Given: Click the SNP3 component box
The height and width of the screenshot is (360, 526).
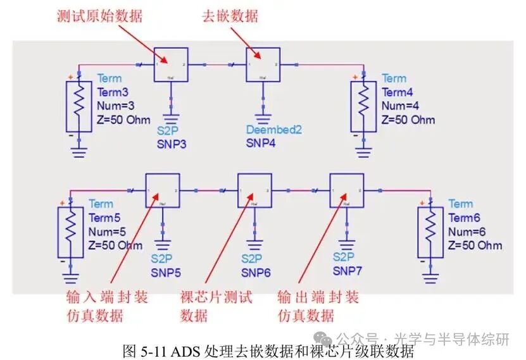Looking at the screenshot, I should point(171,65).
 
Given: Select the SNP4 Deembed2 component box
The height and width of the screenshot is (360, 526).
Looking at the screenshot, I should point(263,65).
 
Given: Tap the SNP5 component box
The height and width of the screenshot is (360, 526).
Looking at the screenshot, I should point(163,190).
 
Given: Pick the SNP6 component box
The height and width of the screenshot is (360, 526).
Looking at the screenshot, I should point(254,190).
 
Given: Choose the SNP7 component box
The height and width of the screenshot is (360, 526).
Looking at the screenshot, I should point(346,190).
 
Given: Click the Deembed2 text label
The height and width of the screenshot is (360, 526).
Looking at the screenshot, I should point(273,130).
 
